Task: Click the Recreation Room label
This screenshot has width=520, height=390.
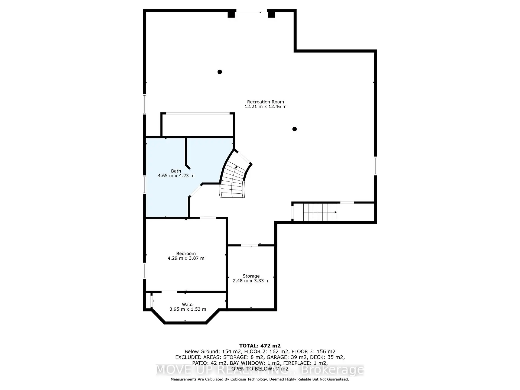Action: point(265,102)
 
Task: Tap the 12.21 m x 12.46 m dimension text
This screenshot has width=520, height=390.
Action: point(265,107)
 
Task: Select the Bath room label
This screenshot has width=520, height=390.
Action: point(176,171)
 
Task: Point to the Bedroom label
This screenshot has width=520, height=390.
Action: point(186,253)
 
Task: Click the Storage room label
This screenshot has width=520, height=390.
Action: point(251,276)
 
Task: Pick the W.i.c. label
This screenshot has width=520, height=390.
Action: point(188,304)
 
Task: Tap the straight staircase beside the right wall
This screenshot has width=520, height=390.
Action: point(320,212)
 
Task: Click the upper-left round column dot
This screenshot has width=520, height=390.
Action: point(220,72)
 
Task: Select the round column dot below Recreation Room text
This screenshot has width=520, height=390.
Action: point(295,129)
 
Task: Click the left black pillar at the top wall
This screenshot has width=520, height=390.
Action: point(231,14)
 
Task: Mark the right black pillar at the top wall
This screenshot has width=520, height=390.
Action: point(271,14)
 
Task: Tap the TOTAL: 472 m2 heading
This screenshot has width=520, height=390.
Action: point(260,346)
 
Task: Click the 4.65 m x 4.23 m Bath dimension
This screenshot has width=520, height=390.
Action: point(176,176)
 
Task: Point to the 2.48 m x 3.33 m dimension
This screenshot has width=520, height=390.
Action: point(251,281)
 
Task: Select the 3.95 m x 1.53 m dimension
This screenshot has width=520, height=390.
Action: point(188,309)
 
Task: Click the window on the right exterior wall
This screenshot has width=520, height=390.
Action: point(375,165)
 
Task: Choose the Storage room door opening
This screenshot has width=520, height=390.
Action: point(250,245)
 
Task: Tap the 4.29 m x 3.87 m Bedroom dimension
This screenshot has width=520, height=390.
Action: point(186,258)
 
